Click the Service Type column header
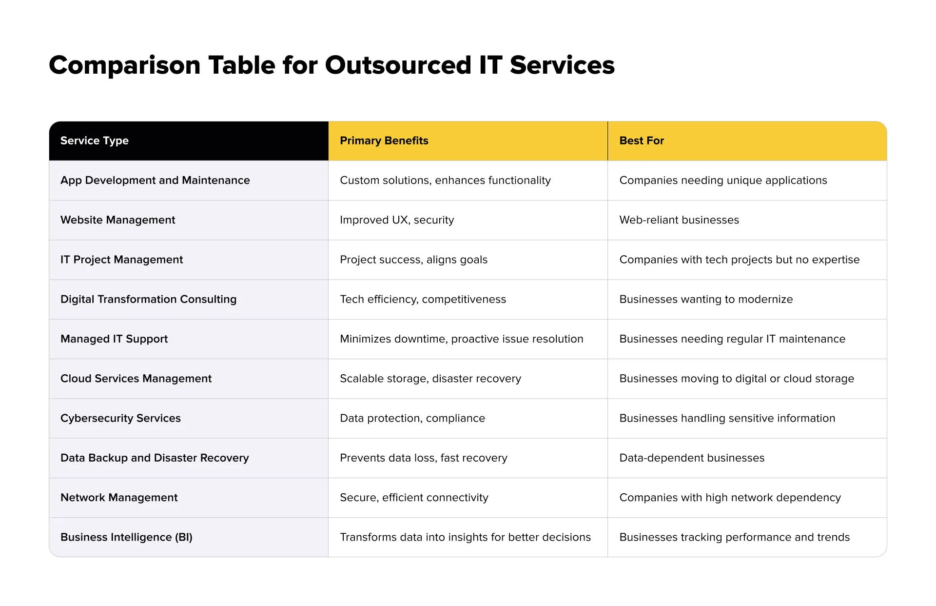click(x=95, y=141)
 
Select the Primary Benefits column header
click(x=384, y=141)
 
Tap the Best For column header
click(x=641, y=141)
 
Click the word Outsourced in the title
click(x=398, y=65)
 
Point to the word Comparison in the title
click(x=125, y=65)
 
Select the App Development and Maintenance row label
click(x=155, y=181)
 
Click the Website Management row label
click(x=117, y=220)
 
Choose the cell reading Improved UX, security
click(x=396, y=220)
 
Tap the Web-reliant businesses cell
click(x=679, y=220)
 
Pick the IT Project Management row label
click(x=121, y=260)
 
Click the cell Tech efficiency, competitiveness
click(x=423, y=299)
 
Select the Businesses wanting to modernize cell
click(x=705, y=299)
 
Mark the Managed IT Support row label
click(x=114, y=339)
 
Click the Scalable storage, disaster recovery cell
click(x=430, y=379)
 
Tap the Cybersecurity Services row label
click(x=120, y=418)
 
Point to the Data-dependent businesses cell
click(x=691, y=458)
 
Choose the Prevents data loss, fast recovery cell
click(x=423, y=458)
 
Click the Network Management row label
click(x=119, y=497)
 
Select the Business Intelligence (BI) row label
click(x=126, y=537)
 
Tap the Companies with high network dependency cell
click(x=730, y=497)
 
